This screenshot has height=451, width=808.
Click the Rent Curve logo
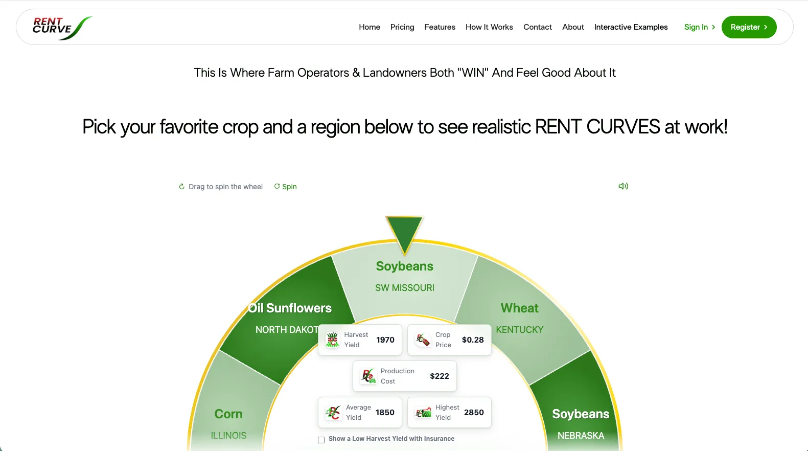tap(62, 28)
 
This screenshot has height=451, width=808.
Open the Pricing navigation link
tap(402, 27)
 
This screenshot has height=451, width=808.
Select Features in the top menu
tap(440, 27)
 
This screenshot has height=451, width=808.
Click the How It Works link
tap(489, 27)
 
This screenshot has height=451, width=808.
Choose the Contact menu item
tap(538, 27)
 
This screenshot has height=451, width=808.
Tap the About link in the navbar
tap(573, 27)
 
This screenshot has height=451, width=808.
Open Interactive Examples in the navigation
tap(631, 27)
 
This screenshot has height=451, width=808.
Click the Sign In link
tap(700, 27)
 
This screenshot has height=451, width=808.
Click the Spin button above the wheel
tap(285, 187)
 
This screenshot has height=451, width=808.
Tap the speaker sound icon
tap(624, 186)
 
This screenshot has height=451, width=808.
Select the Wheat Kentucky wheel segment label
tap(519, 318)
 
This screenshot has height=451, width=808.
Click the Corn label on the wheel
tap(228, 414)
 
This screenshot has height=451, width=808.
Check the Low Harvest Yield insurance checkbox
tap(321, 440)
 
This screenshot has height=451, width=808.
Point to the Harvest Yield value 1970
tap(385, 340)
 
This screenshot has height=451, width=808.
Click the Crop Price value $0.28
tap(473, 340)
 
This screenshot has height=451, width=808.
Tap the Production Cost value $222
tap(440, 376)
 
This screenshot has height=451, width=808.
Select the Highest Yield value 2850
tap(474, 413)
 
